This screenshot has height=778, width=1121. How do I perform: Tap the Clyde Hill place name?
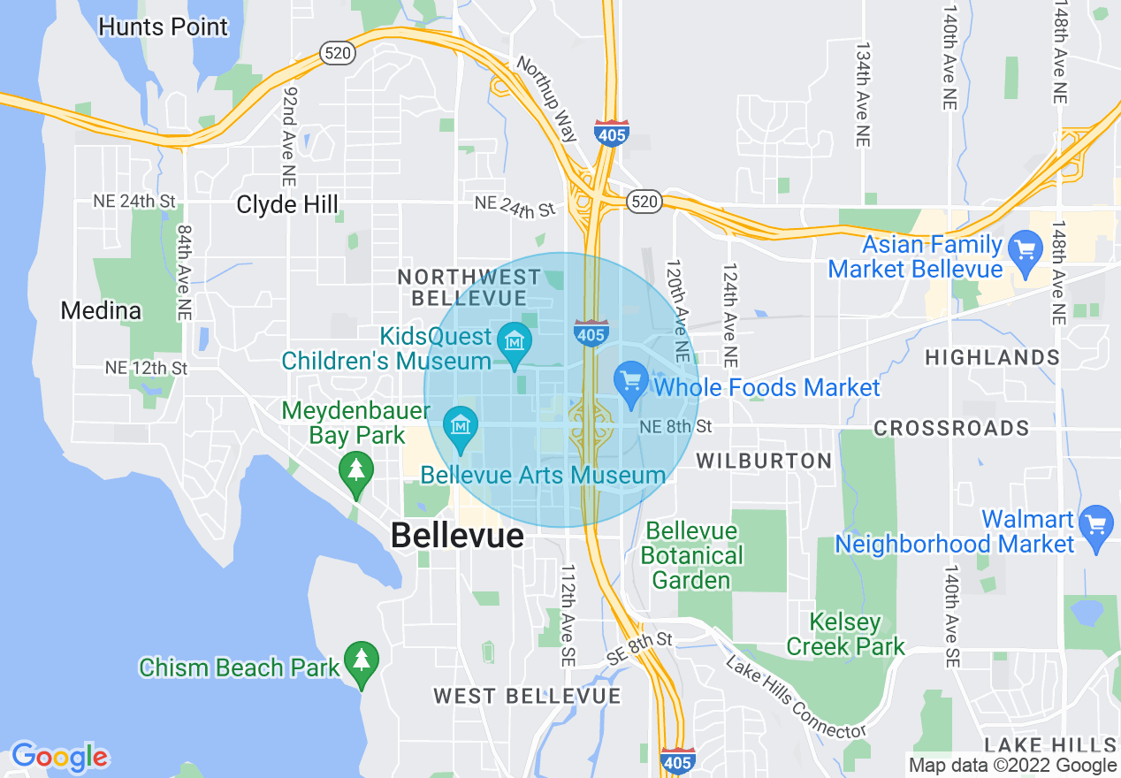287,205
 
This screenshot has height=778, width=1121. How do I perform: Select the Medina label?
101,311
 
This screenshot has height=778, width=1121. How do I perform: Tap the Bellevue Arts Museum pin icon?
460,425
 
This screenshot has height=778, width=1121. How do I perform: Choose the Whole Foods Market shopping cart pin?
630,383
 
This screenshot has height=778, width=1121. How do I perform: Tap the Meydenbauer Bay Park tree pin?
356,472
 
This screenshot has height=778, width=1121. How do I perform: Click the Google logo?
59,757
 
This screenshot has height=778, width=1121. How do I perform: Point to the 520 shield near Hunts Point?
339,53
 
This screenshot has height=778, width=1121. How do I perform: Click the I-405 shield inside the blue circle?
590,333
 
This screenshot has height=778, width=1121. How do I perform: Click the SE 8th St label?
640,649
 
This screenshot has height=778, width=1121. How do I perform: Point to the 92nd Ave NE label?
289,131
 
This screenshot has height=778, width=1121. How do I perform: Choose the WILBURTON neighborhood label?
764,461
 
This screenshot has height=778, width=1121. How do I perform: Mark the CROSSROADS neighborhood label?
951,429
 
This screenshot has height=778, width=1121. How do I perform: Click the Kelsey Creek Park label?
846,635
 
